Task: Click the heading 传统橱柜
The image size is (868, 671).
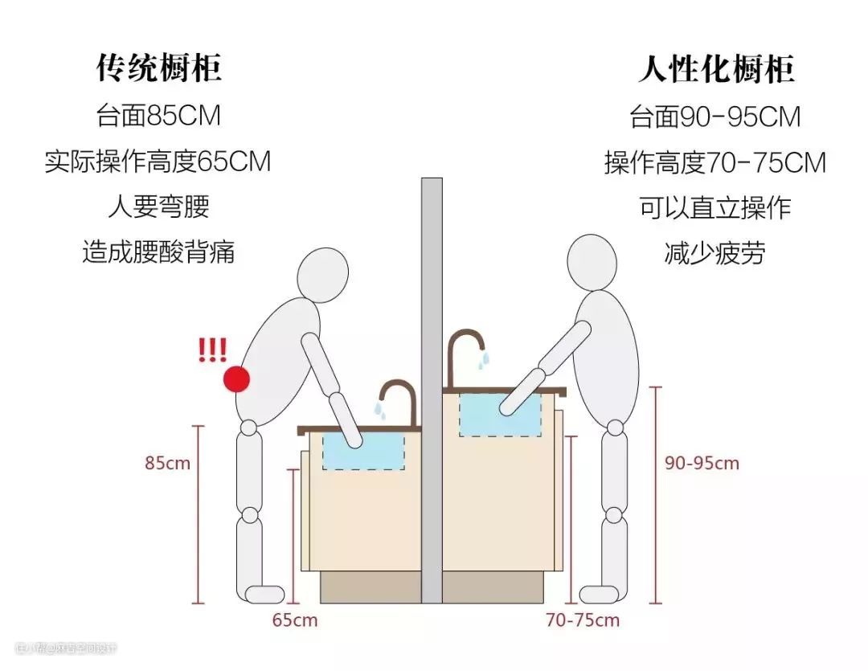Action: pyautogui.click(x=158, y=68)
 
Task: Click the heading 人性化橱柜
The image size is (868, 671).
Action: pyautogui.click(x=715, y=70)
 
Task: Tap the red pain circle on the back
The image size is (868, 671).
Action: pyautogui.click(x=236, y=378)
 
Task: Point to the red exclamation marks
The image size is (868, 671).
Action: pyautogui.click(x=213, y=350)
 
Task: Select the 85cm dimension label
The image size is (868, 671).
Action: pyautogui.click(x=168, y=464)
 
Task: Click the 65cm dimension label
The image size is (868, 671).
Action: pyautogui.click(x=295, y=620)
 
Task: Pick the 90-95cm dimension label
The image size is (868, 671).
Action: pyautogui.click(x=702, y=464)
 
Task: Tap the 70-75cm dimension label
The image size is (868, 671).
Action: pyautogui.click(x=583, y=620)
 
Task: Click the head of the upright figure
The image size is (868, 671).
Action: pyautogui.click(x=597, y=262)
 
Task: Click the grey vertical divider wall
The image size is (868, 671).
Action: pyautogui.click(x=432, y=386)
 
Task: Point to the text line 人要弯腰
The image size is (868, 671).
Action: pyautogui.click(x=158, y=207)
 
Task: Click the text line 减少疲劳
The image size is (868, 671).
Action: pyautogui.click(x=715, y=254)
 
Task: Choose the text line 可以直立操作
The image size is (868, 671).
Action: pyautogui.click(x=715, y=208)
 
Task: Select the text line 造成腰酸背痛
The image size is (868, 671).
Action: pyautogui.click(x=158, y=252)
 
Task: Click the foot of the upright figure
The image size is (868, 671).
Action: pyautogui.click(x=598, y=595)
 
